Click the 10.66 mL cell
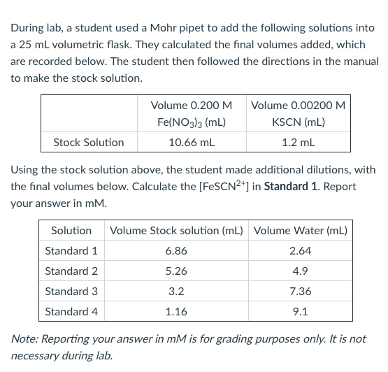click(192, 143)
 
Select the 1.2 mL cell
click(299, 143)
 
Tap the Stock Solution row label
click(89, 143)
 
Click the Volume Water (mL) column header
click(301, 230)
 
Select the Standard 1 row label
click(71, 250)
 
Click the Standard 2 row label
click(71, 271)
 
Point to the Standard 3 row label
click(71, 291)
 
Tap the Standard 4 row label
click(71, 311)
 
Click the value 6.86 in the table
click(176, 250)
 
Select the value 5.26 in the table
click(176, 271)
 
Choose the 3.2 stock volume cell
click(176, 291)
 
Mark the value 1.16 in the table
click(176, 311)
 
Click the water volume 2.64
click(301, 250)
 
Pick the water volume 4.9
click(301, 271)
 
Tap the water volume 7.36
click(301, 291)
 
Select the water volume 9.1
click(301, 311)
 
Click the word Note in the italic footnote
click(24, 338)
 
